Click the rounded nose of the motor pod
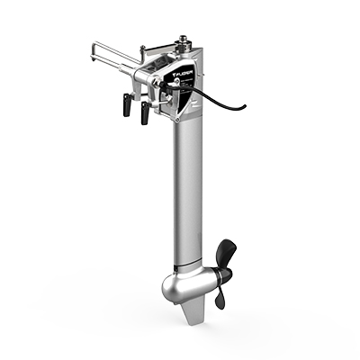[x=170, y=288]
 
